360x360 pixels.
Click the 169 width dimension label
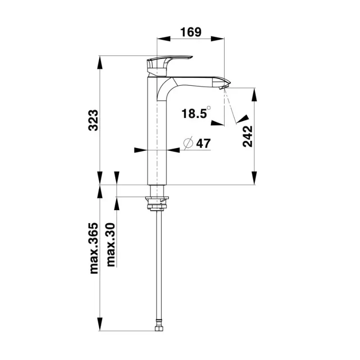[x=190, y=32]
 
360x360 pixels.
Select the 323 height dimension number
[x=94, y=120]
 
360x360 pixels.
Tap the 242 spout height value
[x=247, y=136]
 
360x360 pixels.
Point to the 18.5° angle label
[x=196, y=113]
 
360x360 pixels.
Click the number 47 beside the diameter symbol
[x=203, y=144]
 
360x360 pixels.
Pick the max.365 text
[x=94, y=248]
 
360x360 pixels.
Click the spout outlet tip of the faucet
[x=224, y=87]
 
